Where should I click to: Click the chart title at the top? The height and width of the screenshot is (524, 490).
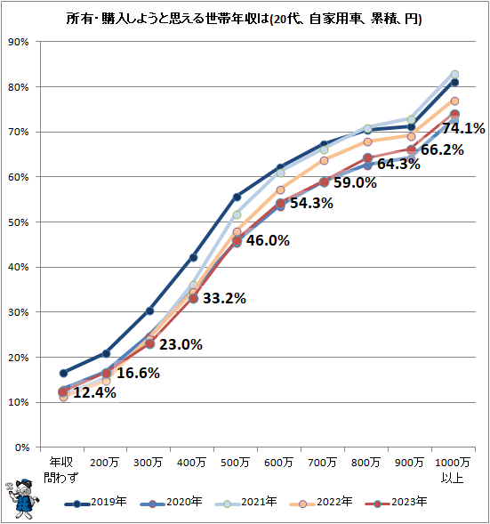[x=245, y=18]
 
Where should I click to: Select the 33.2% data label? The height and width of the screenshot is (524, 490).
[x=224, y=298]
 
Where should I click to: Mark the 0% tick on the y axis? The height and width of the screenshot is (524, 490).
[x=20, y=447]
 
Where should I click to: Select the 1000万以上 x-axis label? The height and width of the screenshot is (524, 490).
[x=454, y=470]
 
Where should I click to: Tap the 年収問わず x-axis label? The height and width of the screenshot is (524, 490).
[x=63, y=470]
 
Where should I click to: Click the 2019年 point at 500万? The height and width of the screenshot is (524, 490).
[x=237, y=197]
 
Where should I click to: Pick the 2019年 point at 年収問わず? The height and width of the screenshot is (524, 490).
[x=63, y=373]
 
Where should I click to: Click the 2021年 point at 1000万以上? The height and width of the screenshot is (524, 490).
[x=454, y=75]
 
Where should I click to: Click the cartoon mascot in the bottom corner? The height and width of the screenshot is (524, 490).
[x=21, y=499]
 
